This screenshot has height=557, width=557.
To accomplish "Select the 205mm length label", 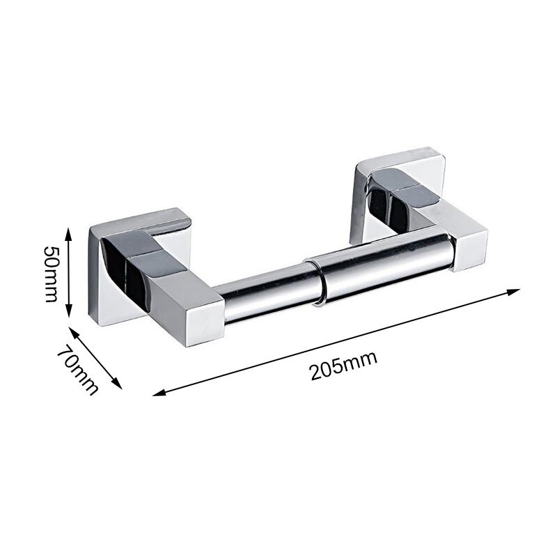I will tap(343, 364).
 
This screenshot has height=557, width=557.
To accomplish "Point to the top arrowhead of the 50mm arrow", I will tap(69, 228).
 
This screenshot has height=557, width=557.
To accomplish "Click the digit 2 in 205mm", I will tap(317, 371).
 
